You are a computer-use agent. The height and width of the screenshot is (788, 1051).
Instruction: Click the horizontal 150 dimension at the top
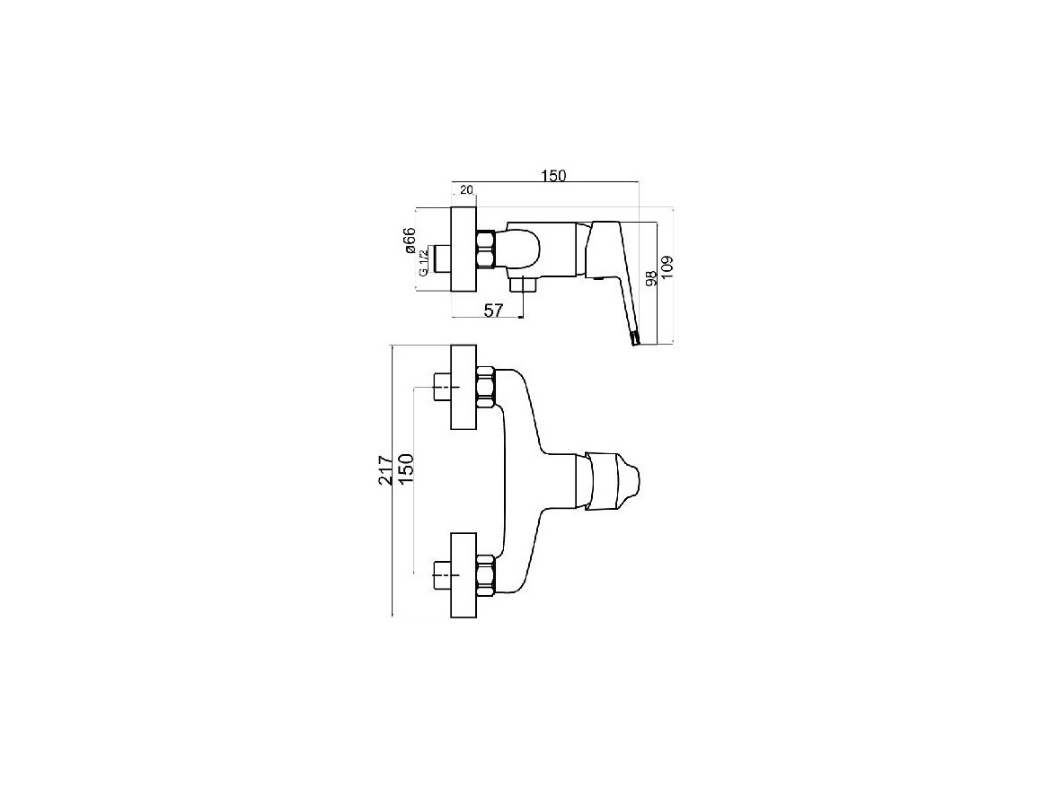553,175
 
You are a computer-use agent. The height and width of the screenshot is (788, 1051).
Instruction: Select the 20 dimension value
466,190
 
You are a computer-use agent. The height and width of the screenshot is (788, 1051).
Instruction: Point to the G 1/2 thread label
423,262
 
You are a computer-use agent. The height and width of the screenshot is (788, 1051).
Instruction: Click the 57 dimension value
493,310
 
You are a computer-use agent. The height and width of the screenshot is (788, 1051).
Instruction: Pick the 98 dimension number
649,277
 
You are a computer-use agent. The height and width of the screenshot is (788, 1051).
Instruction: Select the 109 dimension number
666,264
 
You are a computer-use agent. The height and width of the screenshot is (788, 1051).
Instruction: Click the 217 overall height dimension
384,470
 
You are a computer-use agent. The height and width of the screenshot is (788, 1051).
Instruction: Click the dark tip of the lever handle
634,339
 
